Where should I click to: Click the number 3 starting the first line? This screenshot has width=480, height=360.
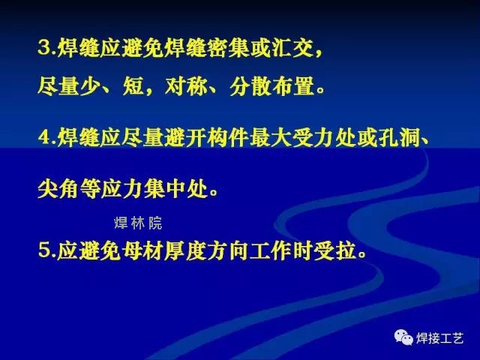[44, 48]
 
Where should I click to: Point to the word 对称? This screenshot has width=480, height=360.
[185, 86]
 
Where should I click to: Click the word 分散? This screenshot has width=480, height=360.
[250, 86]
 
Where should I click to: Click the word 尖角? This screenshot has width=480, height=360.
[58, 188]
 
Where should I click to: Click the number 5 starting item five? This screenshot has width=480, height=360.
[44, 250]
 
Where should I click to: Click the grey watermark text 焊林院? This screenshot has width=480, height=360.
[138, 223]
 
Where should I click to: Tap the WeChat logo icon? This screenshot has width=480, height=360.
[403, 337]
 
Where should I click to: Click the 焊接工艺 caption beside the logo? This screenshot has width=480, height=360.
[440, 338]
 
